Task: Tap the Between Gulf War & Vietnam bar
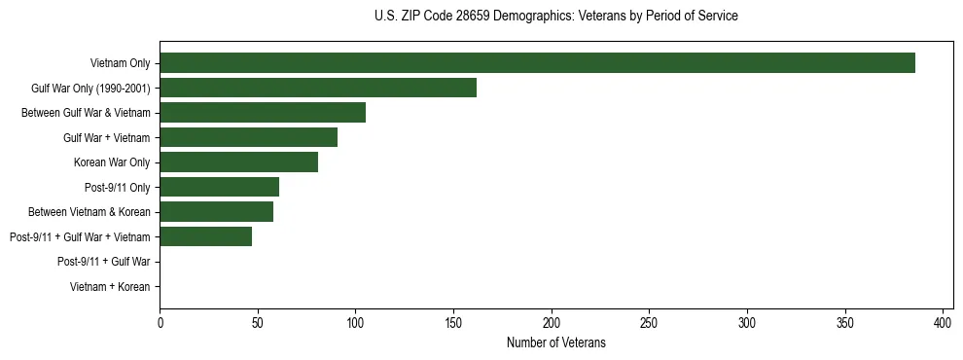[263, 113]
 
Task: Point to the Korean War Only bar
[238, 162]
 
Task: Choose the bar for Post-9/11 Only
[219, 187]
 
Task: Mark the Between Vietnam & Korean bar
[216, 211]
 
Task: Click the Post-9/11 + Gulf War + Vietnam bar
[205, 236]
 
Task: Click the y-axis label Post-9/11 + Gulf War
[103, 262]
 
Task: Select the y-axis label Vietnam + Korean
[110, 287]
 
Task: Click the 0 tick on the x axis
[160, 323]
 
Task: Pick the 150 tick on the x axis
[453, 323]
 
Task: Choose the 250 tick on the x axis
[649, 323]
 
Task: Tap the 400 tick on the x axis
[943, 323]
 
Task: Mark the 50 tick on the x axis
[258, 323]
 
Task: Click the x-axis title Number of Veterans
[555, 342]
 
